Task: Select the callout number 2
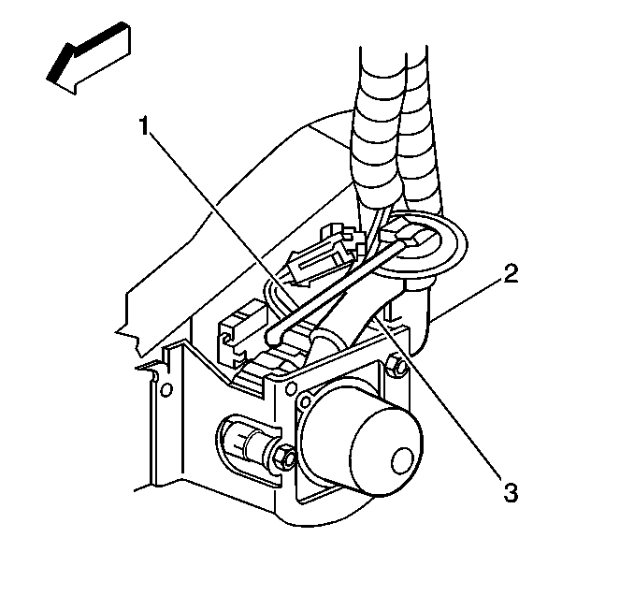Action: click(510, 273)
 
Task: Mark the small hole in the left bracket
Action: click(166, 386)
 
